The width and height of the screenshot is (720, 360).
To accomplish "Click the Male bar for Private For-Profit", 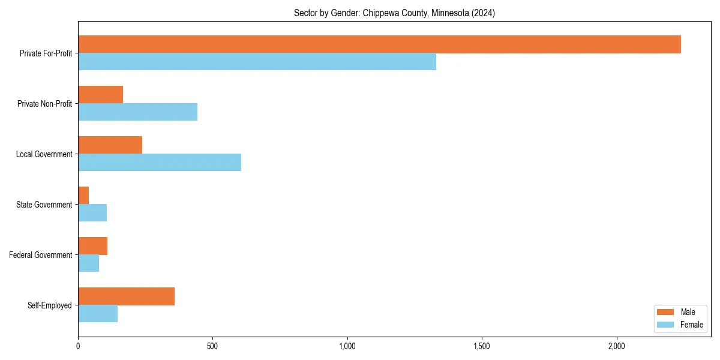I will coord(379,44).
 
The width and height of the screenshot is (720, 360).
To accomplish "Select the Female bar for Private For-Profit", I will coord(257,62).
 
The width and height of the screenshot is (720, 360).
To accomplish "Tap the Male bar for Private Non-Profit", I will coord(100,95).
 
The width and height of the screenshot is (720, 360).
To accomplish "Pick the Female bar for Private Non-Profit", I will coord(137,112).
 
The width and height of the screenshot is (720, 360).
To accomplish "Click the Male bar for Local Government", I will coord(110,145).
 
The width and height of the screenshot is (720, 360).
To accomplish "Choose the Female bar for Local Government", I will coord(160,163).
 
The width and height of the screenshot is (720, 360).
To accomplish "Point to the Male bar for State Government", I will coord(83,196).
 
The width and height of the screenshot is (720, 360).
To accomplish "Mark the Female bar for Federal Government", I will coord(88,263).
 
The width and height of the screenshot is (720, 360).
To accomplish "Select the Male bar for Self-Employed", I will coord(126,296).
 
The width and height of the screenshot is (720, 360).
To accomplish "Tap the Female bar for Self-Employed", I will coord(98,314).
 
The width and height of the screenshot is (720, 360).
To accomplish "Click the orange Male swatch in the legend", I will coord(665,312).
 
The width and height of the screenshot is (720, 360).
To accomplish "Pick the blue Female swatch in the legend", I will coord(665,325).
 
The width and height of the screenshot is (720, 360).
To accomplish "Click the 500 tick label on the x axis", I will coord(212,346).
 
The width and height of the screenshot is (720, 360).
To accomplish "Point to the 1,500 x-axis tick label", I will coord(482,346).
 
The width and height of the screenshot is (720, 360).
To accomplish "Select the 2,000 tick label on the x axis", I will coord(616,346).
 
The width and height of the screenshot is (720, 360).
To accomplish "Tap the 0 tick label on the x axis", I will coord(78,346).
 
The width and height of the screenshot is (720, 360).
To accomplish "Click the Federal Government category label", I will coord(41,255).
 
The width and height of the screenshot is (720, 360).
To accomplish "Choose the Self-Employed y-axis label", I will coord(50,305).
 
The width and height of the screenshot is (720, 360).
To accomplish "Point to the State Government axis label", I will coord(44,205).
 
